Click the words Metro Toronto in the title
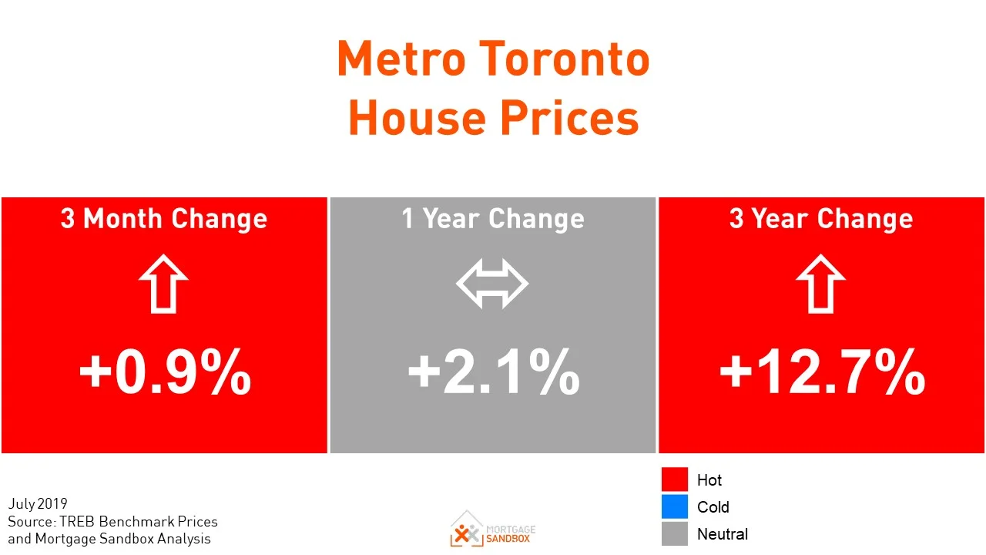click(493, 59)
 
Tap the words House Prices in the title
click(493, 118)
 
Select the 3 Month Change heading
click(164, 219)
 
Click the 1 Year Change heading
click(493, 219)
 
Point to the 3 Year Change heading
click(821, 219)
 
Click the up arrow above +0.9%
click(164, 284)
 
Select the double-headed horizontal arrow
click(492, 284)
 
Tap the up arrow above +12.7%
click(821, 284)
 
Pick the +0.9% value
click(165, 372)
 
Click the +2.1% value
click(493, 372)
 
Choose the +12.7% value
click(822, 372)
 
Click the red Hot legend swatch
click(674, 479)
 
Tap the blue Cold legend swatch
click(674, 506)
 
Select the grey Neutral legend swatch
click(674, 533)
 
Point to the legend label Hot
click(709, 480)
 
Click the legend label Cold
click(713, 507)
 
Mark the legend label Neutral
click(722, 534)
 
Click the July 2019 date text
click(38, 505)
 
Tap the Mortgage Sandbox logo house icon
click(467, 529)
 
